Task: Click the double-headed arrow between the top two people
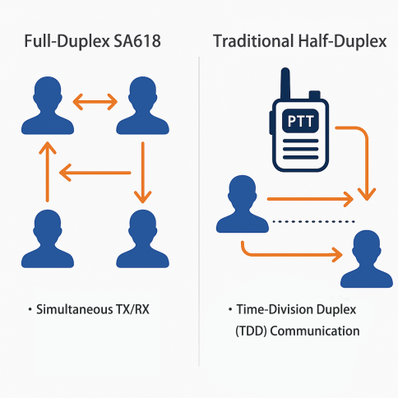coord(96,101)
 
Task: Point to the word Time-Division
coord(267,310)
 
